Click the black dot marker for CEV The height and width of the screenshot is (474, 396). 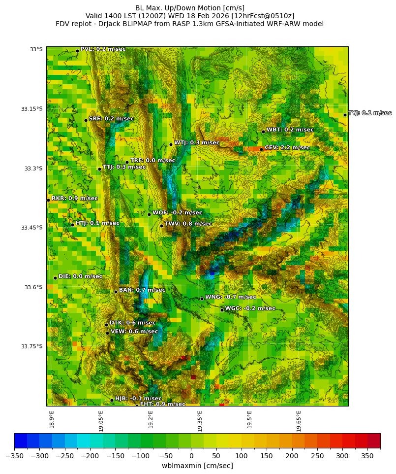pos(261,149)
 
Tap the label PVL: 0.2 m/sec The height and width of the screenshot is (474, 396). pos(103,49)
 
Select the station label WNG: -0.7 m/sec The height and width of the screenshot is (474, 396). pos(230,297)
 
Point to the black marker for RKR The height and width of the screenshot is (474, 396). pos(48,200)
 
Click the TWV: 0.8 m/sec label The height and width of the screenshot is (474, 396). pos(188,224)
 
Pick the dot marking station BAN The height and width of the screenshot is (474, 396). pos(116,292)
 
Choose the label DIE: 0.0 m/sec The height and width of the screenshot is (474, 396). pos(80,276)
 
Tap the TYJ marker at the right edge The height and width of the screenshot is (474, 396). pos(345,115)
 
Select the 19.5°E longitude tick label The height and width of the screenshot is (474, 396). pos(249,419)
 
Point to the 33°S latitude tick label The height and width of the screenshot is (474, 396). pos(36,49)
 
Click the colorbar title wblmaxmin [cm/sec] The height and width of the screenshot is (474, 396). pos(197,466)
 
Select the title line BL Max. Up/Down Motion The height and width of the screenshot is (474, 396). pos(190,8)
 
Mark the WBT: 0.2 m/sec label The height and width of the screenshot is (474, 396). pos(290,130)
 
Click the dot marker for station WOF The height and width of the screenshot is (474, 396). pos(149,214)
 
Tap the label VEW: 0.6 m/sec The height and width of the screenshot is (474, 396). pos(134,332)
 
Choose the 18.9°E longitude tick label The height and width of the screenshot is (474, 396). pos(52,419)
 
